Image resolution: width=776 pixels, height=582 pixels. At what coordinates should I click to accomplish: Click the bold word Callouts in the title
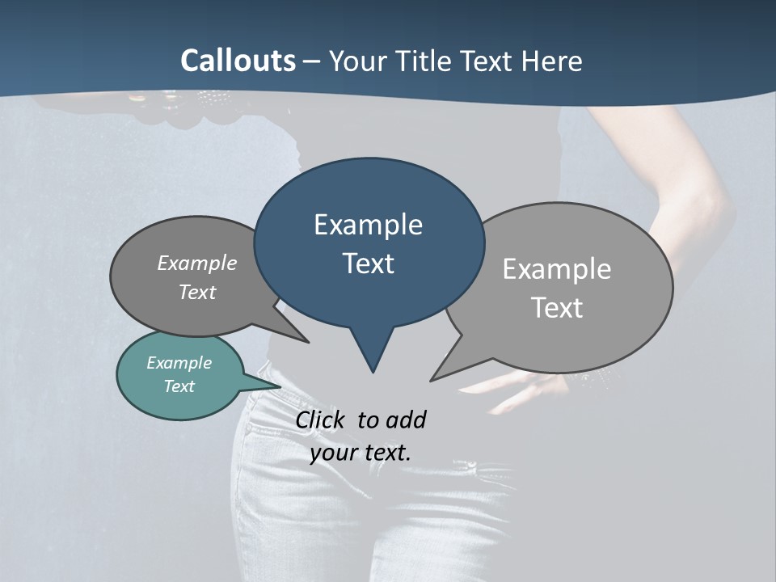click(x=238, y=61)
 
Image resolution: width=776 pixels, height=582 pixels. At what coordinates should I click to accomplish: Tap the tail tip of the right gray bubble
click(x=432, y=380)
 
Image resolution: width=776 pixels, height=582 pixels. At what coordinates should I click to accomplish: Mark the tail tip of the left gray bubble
click(x=307, y=342)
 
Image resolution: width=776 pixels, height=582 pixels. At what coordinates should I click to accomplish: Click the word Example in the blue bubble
click(x=368, y=225)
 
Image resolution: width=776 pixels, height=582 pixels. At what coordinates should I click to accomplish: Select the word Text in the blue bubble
click(x=369, y=264)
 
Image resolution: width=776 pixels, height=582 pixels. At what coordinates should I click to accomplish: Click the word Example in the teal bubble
click(x=179, y=363)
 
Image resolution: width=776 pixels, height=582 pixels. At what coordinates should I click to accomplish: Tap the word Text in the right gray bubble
click(x=558, y=308)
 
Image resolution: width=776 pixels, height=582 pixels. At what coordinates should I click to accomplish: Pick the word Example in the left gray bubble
click(x=197, y=263)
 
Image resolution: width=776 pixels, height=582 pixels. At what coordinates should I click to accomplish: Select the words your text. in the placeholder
click(x=361, y=453)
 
